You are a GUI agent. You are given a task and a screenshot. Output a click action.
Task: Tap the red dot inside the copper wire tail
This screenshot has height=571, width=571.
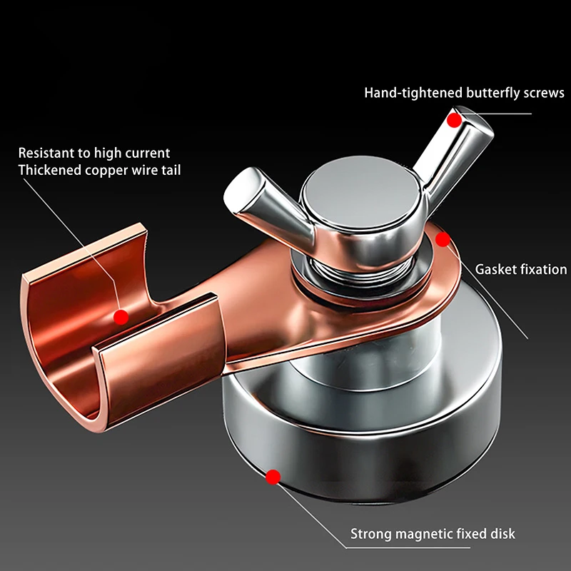click(121, 315)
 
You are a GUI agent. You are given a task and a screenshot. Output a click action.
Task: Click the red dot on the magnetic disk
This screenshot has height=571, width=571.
click(272, 476)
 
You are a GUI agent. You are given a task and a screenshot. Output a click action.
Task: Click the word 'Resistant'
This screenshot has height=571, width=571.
click(46, 153)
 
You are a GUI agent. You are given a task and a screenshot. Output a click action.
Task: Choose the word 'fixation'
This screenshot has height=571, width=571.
click(542, 269)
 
